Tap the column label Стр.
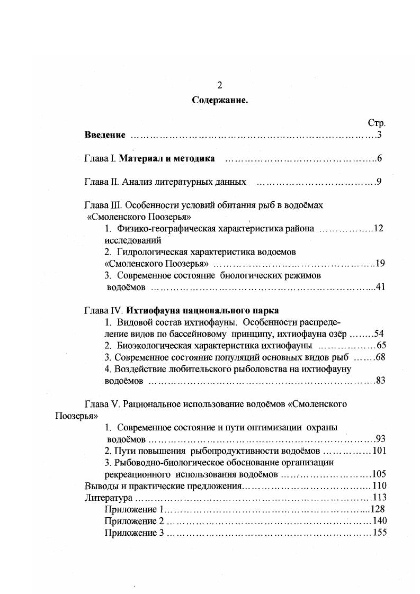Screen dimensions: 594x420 (x=377, y=123)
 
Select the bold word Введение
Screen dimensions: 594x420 (x=105, y=135)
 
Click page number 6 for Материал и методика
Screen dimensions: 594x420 (x=380, y=159)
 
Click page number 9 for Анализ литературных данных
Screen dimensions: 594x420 (x=380, y=182)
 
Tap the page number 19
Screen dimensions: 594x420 (x=380, y=264)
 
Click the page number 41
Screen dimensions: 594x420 (x=380, y=287)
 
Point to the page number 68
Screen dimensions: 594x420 (x=380, y=357)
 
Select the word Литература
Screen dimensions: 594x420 (x=108, y=498)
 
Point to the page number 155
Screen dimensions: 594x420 (x=380, y=533)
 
